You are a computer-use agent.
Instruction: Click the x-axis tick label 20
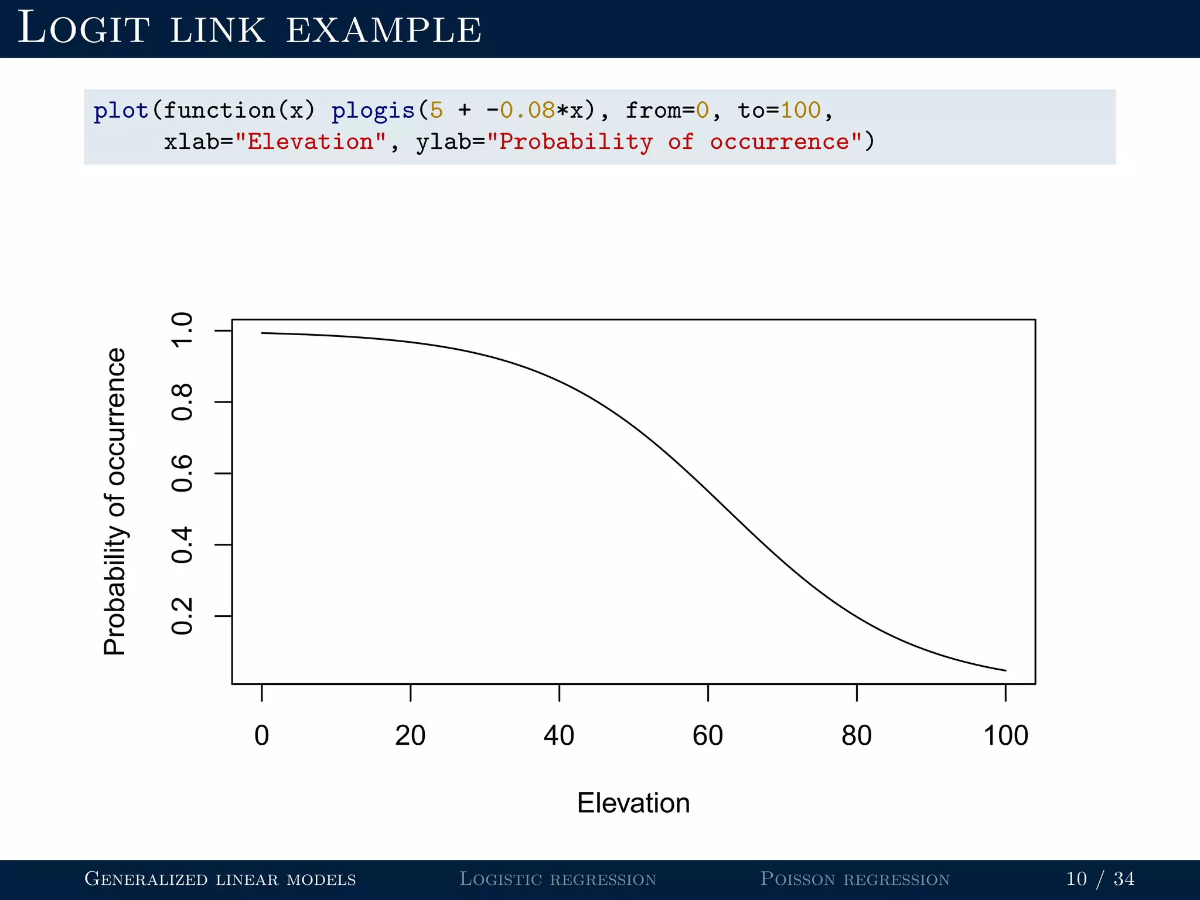(410, 735)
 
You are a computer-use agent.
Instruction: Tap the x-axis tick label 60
(708, 735)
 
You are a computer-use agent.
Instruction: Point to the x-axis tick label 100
(1005, 735)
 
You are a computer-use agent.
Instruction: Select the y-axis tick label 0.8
(182, 402)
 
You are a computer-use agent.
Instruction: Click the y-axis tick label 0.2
(182, 616)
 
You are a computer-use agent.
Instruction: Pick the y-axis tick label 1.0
(182, 330)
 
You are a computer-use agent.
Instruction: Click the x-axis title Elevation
(633, 803)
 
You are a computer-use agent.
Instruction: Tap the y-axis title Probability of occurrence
(115, 502)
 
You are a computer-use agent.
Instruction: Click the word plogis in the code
(373, 110)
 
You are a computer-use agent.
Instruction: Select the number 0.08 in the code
(527, 110)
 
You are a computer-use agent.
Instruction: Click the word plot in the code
(121, 110)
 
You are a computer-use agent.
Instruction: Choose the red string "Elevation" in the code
(311, 142)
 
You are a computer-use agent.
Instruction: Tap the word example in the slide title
(384, 30)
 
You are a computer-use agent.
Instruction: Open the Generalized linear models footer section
(220, 879)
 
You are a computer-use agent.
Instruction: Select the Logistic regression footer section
(558, 879)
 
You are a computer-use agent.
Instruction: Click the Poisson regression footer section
(855, 879)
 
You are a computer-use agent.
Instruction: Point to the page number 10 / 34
(1100, 879)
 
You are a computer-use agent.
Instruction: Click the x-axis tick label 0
(261, 735)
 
